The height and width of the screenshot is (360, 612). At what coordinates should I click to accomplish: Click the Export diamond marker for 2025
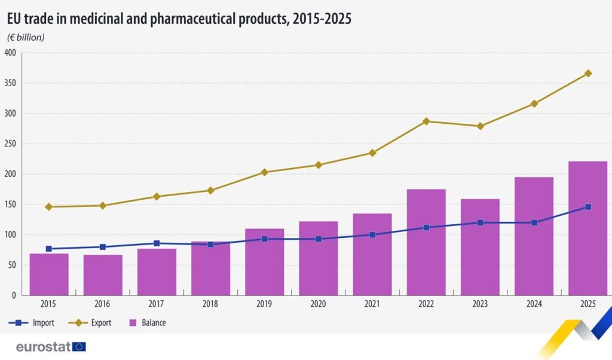click(588, 73)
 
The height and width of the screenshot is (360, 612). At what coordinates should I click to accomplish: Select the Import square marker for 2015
click(49, 249)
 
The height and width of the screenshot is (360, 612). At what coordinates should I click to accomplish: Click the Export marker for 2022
click(426, 121)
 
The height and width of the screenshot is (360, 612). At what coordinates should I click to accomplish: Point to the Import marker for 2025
click(588, 207)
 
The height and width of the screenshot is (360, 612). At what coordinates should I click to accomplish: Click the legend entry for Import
click(33, 323)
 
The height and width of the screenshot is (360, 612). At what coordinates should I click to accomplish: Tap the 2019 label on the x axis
click(264, 304)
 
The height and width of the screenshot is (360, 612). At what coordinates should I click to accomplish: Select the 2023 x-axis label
click(480, 304)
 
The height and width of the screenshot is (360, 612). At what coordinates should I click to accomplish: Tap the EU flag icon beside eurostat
click(79, 346)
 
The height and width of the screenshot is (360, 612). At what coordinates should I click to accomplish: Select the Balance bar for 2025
click(588, 227)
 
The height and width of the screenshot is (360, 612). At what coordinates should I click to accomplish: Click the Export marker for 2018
click(210, 190)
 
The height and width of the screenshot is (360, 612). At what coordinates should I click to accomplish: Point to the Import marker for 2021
click(372, 235)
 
